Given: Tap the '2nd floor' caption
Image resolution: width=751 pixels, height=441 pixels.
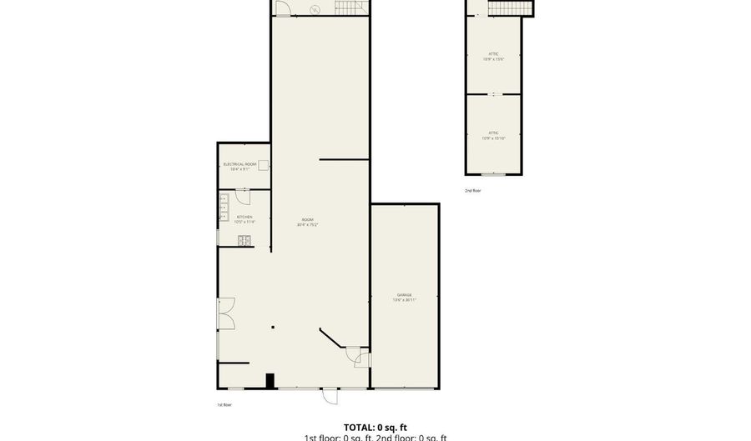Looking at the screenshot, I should (473, 191).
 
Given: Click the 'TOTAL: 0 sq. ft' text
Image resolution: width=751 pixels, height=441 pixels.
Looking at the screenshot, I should (375, 427).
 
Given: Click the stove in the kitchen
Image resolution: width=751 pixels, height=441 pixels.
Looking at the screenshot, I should (244, 241).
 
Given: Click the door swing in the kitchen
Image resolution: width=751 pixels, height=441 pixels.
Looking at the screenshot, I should (243, 197).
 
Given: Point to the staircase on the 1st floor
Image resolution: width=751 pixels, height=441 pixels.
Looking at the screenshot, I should (351, 8).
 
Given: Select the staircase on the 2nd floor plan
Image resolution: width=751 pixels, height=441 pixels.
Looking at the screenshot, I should (509, 8).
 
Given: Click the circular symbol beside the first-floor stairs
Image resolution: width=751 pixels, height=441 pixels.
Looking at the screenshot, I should (315, 9).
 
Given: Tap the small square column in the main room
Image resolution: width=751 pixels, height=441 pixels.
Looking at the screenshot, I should (272, 328).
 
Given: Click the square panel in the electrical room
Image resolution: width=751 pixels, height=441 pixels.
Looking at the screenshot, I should (263, 165).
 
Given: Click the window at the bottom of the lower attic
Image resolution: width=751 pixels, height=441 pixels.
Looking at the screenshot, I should (493, 174).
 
